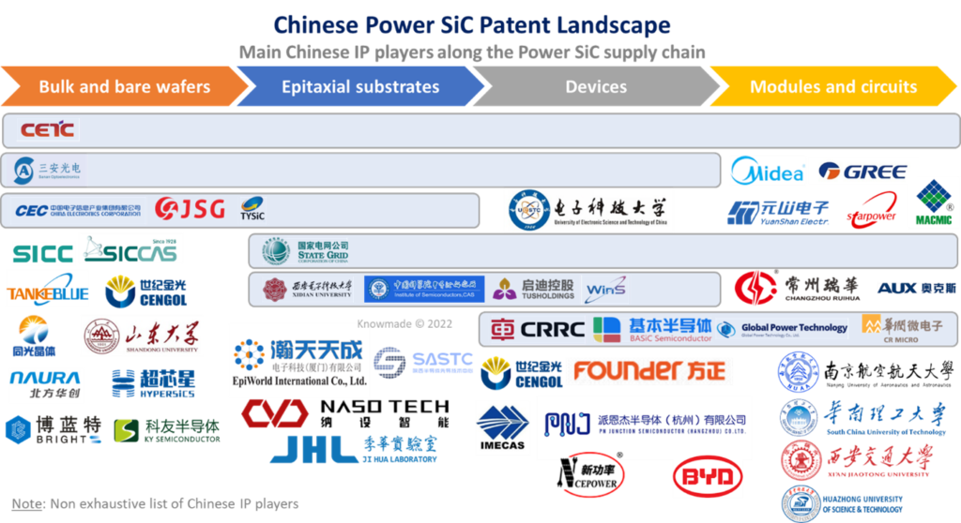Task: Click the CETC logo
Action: [x=48, y=129]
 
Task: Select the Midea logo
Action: [x=768, y=172]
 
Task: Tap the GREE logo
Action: [x=863, y=172]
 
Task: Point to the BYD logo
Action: [x=708, y=476]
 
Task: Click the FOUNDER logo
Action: [x=649, y=371]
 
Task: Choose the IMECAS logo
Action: [x=503, y=427]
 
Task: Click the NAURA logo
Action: [x=44, y=380]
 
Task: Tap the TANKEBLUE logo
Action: [x=47, y=291]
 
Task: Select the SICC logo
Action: [x=43, y=251]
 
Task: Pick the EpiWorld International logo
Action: [x=298, y=360]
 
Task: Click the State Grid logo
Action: [x=305, y=251]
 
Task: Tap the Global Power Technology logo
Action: [x=783, y=328]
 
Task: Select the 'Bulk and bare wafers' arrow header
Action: [x=124, y=87]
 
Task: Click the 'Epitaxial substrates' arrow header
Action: [x=360, y=87]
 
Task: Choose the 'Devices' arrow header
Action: [x=596, y=87]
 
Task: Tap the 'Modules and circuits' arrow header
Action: [x=832, y=87]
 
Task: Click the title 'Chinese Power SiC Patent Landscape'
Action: [x=472, y=23]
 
